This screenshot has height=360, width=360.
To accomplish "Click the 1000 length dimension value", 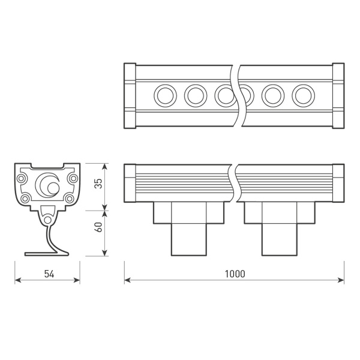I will pyautogui.click(x=235, y=274).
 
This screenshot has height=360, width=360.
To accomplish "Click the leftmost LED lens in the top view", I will pyautogui.click(x=164, y=95).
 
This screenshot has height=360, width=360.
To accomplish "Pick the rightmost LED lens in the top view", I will pyautogui.click(x=303, y=95).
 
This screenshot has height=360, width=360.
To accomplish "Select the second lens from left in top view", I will pyautogui.click(x=195, y=95).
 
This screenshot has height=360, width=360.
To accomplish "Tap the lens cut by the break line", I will pyautogui.click(x=226, y=95).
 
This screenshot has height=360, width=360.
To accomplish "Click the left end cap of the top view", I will pyautogui.click(x=130, y=95).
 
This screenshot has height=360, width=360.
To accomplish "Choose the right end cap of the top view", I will pyautogui.click(x=338, y=95).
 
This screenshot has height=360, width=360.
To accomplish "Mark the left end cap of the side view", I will pyautogui.click(x=130, y=184).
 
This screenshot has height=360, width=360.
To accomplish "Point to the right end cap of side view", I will pyautogui.click(x=338, y=184).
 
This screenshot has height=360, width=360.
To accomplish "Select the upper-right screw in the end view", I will pyautogui.click(x=73, y=178).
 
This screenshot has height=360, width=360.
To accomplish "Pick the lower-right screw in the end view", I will pyautogui.click(x=70, y=199).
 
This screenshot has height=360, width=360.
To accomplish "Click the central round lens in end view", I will pyautogui.click(x=47, y=185).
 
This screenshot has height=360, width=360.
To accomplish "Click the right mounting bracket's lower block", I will pyautogui.click(x=279, y=239).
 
